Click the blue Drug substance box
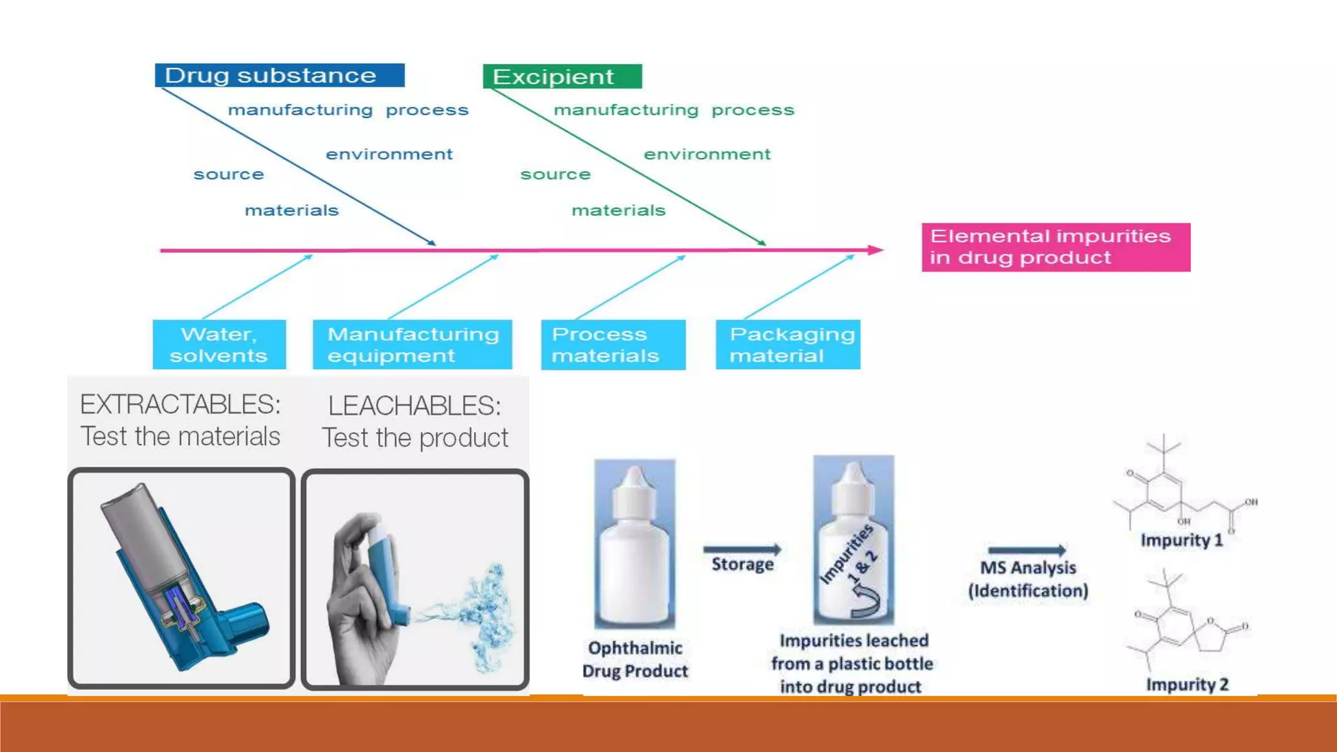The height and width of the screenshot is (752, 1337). pyautogui.click(x=279, y=76)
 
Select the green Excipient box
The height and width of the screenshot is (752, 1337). pyautogui.click(x=561, y=76)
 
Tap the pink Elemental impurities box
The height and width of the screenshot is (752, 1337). pyautogui.click(x=1055, y=247)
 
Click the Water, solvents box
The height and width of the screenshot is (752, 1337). pyautogui.click(x=219, y=345)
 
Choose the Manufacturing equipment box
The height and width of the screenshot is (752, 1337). pyautogui.click(x=412, y=345)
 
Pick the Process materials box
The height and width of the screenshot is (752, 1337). pyautogui.click(x=612, y=345)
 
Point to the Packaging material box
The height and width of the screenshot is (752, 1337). pyautogui.click(x=787, y=345)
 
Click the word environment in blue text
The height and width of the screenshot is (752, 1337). pyautogui.click(x=389, y=155)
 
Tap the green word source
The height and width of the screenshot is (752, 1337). pyautogui.click(x=556, y=175)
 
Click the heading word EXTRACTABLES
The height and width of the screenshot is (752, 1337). pyautogui.click(x=180, y=405)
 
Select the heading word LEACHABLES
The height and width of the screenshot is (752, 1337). pyautogui.click(x=415, y=406)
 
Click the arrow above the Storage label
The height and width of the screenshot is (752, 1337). pyautogui.click(x=742, y=550)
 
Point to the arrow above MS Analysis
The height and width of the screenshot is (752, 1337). pyautogui.click(x=1027, y=550)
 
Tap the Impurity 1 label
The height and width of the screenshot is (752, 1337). pyautogui.click(x=1182, y=540)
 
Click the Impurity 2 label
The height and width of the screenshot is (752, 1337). pyautogui.click(x=1188, y=684)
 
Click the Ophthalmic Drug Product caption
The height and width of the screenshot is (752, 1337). pyautogui.click(x=635, y=659)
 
